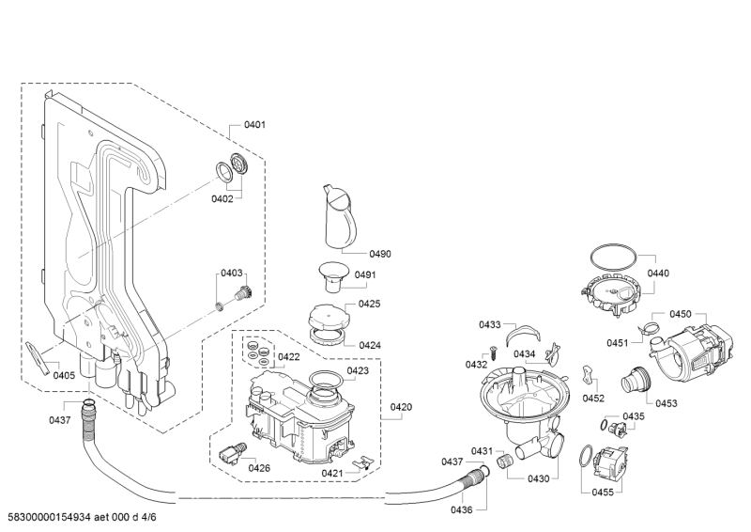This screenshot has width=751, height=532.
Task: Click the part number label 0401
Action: point(254,125)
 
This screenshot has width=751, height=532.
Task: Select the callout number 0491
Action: point(365,274)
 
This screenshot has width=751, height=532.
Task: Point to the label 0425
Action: point(369,304)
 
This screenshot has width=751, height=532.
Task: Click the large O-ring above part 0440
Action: point(616,255)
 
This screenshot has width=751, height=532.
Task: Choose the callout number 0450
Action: point(680,314)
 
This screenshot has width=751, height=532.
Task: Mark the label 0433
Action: point(489,324)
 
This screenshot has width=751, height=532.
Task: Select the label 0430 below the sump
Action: point(538,478)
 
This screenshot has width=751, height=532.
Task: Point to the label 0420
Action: point(401,407)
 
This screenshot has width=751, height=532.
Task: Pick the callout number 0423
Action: point(358,370)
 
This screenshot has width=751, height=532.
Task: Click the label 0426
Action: point(259,467)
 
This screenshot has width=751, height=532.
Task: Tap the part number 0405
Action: point(63,375)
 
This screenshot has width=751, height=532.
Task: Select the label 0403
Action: point(231,273)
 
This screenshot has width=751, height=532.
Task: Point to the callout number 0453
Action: point(666,402)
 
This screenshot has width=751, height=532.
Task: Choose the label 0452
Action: point(593,398)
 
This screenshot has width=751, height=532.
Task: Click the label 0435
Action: point(634,415)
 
